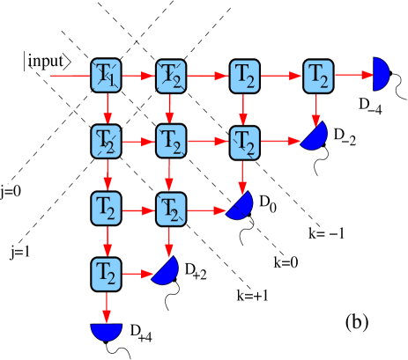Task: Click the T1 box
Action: (x=107, y=76)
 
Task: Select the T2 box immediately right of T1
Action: (x=171, y=76)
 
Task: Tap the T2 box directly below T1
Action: (x=107, y=141)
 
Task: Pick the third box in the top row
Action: (x=244, y=76)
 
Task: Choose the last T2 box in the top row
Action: (x=318, y=76)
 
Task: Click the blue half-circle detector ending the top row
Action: (x=380, y=75)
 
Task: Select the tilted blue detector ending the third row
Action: (x=241, y=206)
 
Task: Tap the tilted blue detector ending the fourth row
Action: (x=167, y=271)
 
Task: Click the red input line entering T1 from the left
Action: (x=70, y=76)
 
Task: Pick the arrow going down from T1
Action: (x=107, y=107)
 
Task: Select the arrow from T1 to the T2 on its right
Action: (x=138, y=76)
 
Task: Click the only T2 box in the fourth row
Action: (x=107, y=274)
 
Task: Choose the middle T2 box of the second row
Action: (x=171, y=141)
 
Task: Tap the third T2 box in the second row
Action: (x=244, y=141)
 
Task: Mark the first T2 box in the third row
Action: (x=107, y=209)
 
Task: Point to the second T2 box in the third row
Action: (x=171, y=209)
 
